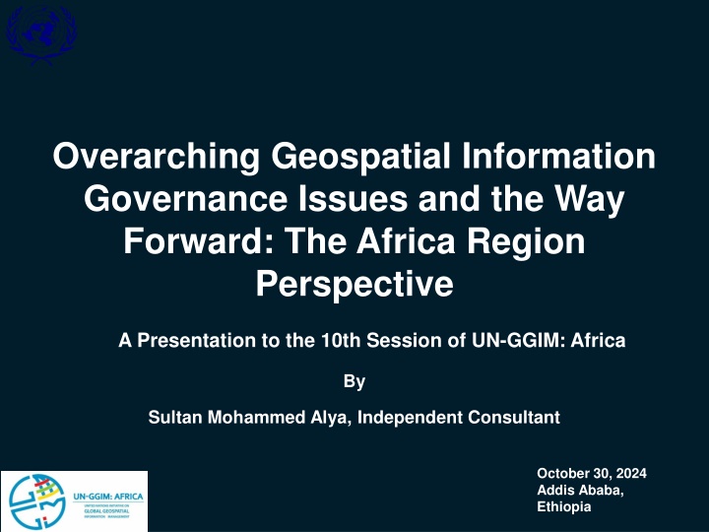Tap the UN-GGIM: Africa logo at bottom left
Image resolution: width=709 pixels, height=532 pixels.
[x=74, y=500]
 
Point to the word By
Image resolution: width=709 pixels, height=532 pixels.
[x=354, y=379]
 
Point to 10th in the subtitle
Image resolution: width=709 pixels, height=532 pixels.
[x=340, y=341]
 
